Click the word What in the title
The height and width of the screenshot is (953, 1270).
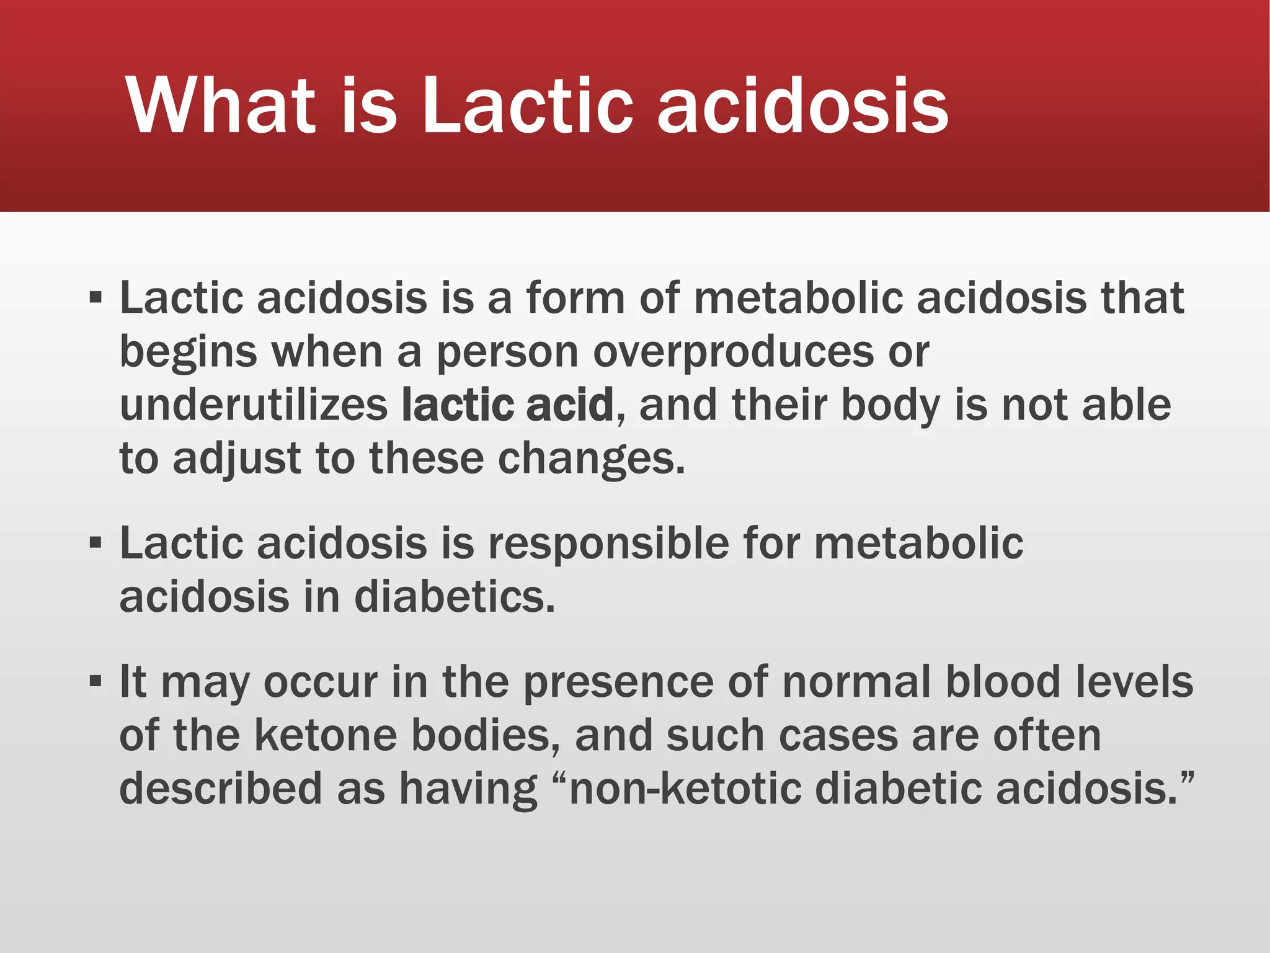(x=220, y=105)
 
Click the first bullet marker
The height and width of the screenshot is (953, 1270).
(x=95, y=298)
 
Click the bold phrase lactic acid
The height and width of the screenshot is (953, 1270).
(x=507, y=405)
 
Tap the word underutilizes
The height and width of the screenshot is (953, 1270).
(x=254, y=405)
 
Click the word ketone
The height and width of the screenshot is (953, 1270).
(x=325, y=735)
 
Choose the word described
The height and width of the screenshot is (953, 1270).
(x=221, y=789)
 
